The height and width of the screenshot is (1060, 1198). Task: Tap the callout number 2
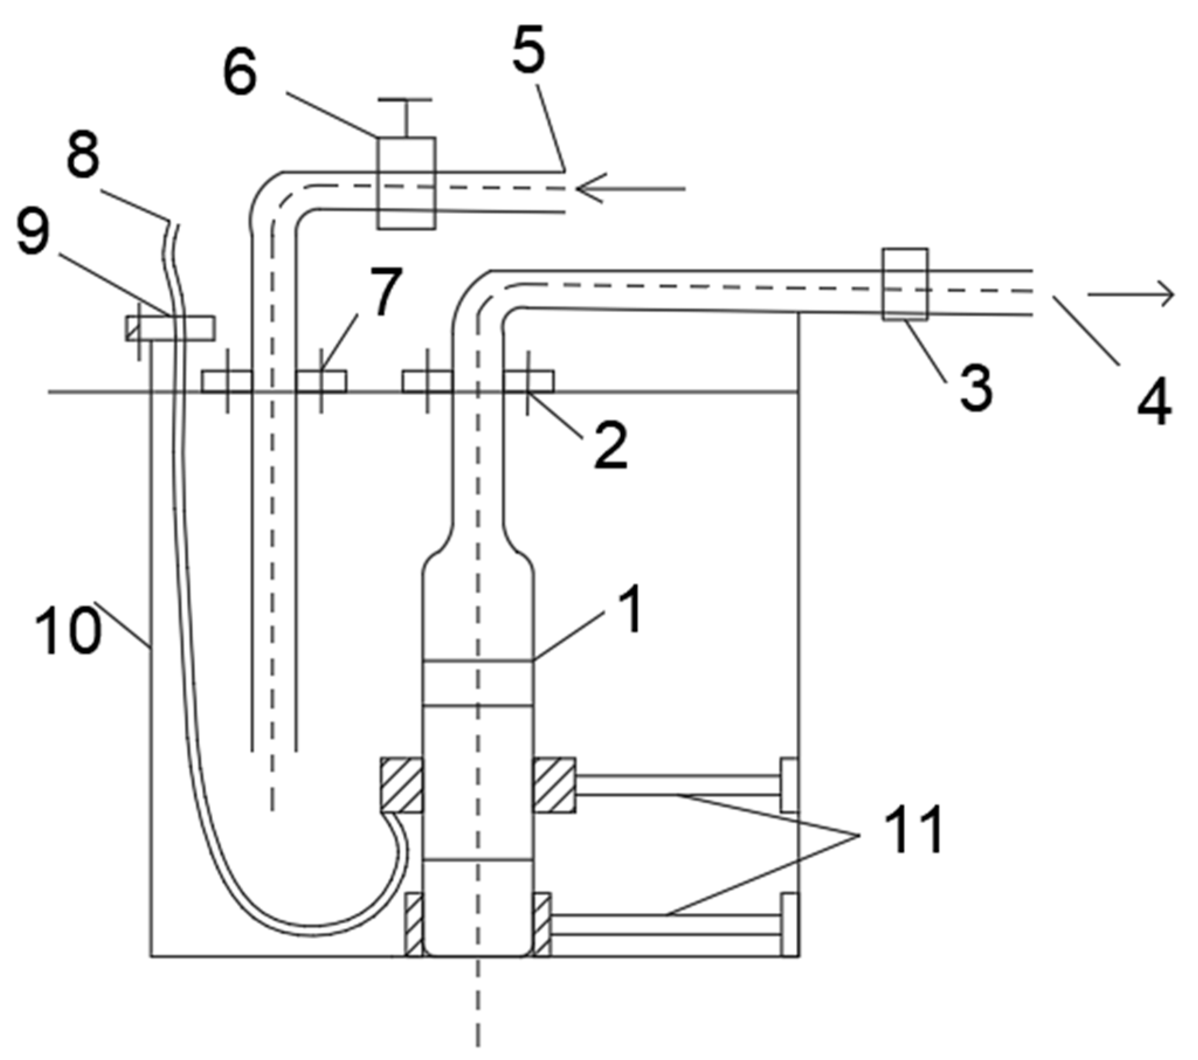[610, 447]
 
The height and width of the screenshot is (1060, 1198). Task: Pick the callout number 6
[240, 74]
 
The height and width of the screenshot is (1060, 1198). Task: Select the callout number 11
[915, 830]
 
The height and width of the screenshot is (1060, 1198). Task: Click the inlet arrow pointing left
[630, 189]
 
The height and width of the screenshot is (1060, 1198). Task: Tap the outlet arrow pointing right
[1131, 295]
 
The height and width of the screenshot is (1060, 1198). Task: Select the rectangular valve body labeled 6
[406, 183]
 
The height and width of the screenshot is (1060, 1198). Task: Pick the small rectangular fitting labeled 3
[905, 284]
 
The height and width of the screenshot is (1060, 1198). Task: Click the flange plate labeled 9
[170, 328]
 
